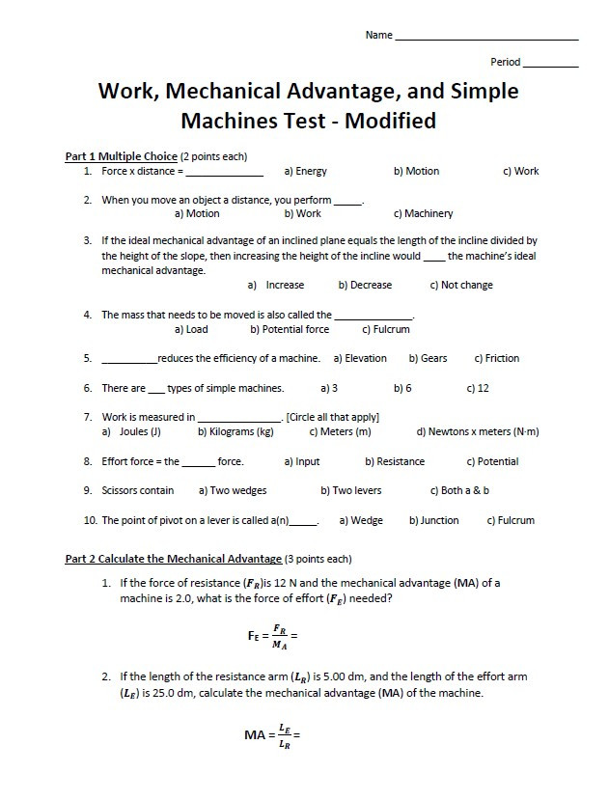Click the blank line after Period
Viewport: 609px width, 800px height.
(x=550, y=64)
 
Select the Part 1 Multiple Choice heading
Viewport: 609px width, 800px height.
(x=121, y=155)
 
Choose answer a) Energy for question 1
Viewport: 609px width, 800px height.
(x=305, y=172)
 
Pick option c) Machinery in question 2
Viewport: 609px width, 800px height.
(x=423, y=214)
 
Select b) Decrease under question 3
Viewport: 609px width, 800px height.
(x=365, y=286)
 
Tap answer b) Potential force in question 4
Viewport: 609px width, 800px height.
(x=289, y=330)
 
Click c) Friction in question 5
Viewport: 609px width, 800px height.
(x=496, y=359)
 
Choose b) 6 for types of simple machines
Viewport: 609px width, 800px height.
(x=402, y=389)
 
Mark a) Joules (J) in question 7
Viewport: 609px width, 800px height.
(x=131, y=432)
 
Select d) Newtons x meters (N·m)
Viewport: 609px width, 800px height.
(x=477, y=432)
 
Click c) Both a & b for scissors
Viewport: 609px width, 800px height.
(x=459, y=491)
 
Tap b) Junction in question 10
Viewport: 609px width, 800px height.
(x=433, y=521)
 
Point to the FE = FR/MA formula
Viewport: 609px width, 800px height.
(x=273, y=636)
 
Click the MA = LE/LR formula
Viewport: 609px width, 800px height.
(x=273, y=735)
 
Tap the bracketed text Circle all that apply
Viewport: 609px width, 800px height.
(x=332, y=418)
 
